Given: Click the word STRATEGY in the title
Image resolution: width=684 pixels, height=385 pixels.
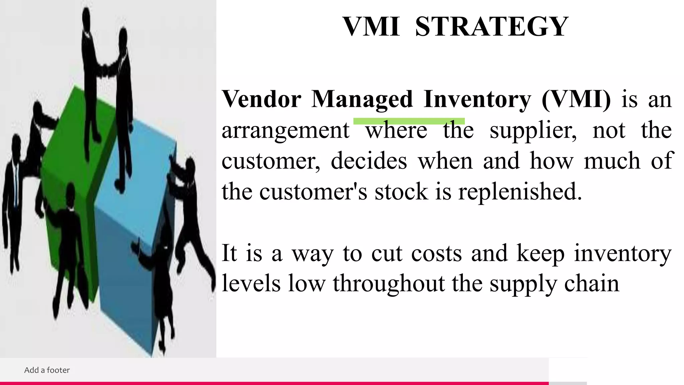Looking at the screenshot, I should pos(491,27).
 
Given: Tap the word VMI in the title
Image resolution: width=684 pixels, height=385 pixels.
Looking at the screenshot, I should pos(371,27).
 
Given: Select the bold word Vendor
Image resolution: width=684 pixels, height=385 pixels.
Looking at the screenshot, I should pos(262,99).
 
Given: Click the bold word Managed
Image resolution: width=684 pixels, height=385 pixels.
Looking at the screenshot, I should pos(362,99).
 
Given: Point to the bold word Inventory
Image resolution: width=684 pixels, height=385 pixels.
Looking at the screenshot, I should pos(477,99).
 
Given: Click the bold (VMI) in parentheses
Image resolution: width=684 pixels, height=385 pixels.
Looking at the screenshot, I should pos(576,99).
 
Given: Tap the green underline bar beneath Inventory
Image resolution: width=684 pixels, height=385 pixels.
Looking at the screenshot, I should pos(409,121).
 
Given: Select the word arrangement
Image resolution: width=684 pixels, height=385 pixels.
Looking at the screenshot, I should pos(286,130).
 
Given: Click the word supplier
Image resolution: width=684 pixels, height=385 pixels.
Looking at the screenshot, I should pos(533,130).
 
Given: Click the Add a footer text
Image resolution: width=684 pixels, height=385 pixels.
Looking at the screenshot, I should pos(47,370).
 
